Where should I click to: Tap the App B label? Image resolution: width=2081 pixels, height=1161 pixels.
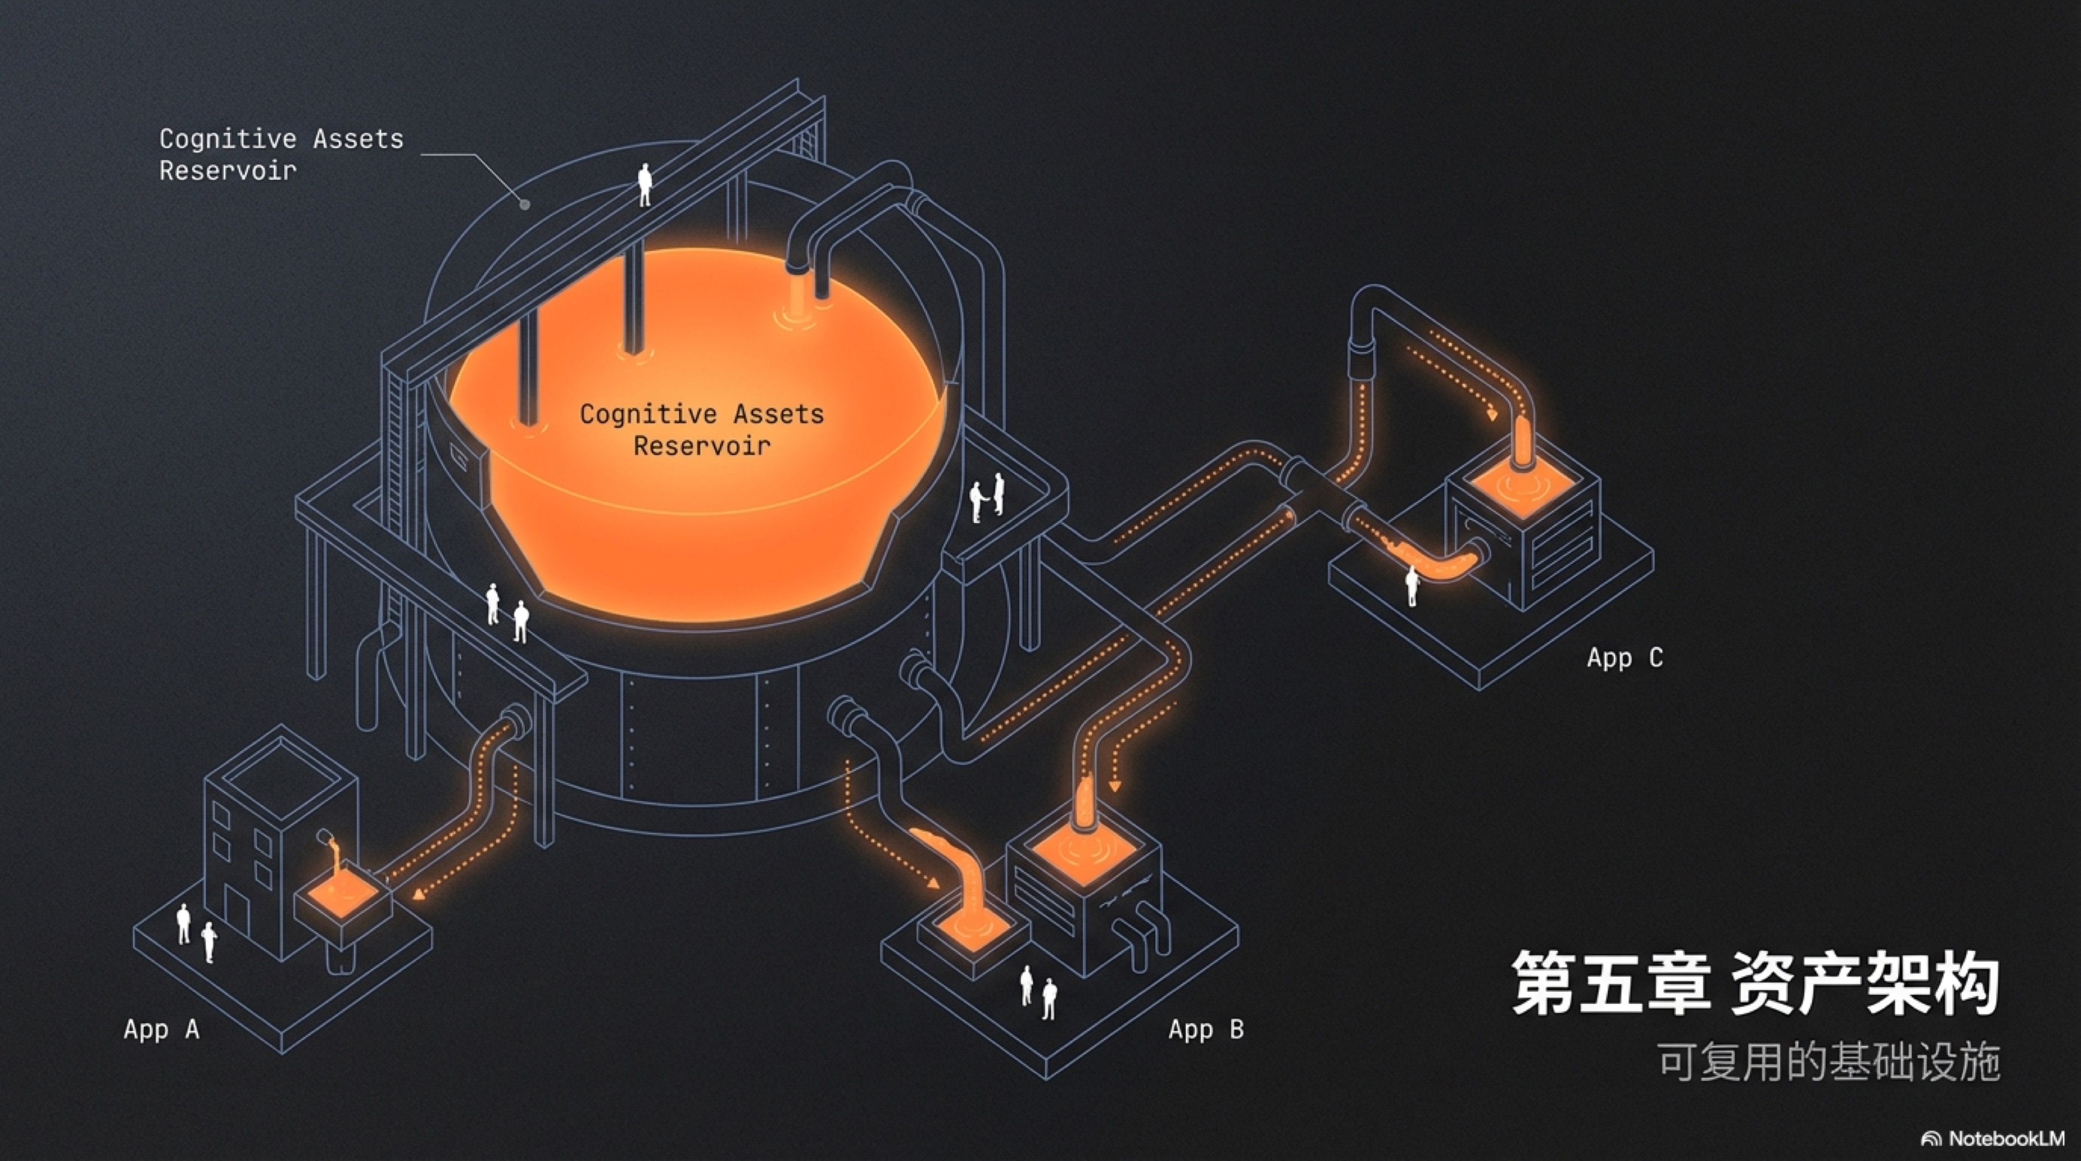1206,1029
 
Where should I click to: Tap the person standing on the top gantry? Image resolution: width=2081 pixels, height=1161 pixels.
645,184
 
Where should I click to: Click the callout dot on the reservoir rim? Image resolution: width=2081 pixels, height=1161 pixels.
524,204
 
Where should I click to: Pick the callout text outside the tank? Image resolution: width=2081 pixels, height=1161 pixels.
280,154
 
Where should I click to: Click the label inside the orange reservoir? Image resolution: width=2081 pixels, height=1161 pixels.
701,429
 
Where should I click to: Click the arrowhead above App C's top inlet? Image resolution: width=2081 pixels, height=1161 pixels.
1492,415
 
